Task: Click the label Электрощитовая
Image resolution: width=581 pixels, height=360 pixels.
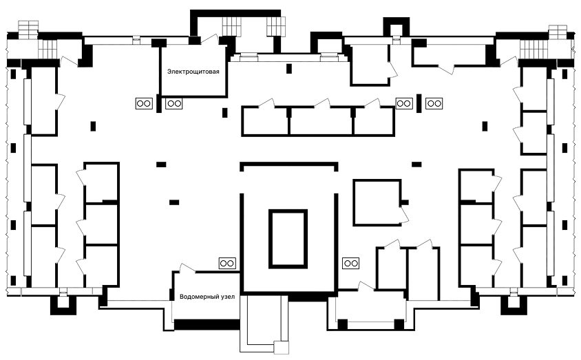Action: click(x=193, y=72)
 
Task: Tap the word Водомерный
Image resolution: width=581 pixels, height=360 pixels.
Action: click(x=198, y=297)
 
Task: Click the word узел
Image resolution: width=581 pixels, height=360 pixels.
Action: click(x=226, y=297)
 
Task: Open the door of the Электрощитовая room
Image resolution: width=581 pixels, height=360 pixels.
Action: click(x=209, y=39)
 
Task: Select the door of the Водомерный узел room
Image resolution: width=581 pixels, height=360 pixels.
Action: click(x=187, y=268)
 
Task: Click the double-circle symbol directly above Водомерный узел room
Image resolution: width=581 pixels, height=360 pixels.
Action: click(x=227, y=264)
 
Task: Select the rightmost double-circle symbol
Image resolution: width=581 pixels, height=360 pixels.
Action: click(x=434, y=103)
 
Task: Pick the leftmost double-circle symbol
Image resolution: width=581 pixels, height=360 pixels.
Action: click(x=144, y=103)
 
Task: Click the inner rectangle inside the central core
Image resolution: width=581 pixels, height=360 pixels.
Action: click(x=288, y=239)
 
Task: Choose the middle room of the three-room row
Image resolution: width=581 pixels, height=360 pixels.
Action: click(x=321, y=121)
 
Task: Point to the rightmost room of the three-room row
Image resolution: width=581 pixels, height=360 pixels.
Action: click(x=374, y=121)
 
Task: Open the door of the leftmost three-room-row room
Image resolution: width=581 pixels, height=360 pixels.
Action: click(x=266, y=103)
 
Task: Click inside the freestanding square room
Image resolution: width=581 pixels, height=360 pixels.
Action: click(x=377, y=202)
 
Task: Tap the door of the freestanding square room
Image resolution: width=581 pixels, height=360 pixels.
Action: click(x=404, y=213)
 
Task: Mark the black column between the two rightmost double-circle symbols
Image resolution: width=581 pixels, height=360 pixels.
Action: click(x=419, y=103)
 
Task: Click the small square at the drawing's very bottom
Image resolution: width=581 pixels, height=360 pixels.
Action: click(x=282, y=348)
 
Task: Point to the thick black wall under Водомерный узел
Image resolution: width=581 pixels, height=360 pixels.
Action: click(x=207, y=324)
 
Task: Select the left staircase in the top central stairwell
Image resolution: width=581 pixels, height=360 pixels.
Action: click(x=231, y=27)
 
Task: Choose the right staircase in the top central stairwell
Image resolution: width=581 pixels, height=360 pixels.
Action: click(x=276, y=27)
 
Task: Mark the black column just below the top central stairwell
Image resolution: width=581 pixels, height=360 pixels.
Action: click(x=289, y=69)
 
